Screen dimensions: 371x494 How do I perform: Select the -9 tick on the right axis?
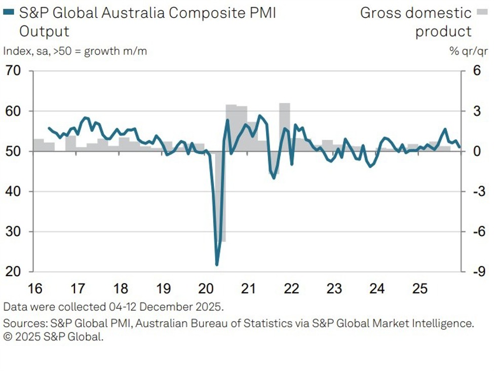[475, 272]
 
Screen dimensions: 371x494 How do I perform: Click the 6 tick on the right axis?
[476, 71]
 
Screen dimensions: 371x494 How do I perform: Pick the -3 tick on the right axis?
[475, 192]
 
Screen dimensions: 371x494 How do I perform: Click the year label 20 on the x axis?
[206, 289]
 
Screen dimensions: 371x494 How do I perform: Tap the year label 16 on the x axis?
[34, 289]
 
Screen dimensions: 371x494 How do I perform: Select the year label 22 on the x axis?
[291, 289]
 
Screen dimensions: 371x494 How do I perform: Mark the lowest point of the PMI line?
[217, 265]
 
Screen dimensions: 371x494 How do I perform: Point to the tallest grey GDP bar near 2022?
[285, 127]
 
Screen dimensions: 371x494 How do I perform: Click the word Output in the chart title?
[44, 31]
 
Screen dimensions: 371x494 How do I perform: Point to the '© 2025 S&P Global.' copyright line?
[53, 337]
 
